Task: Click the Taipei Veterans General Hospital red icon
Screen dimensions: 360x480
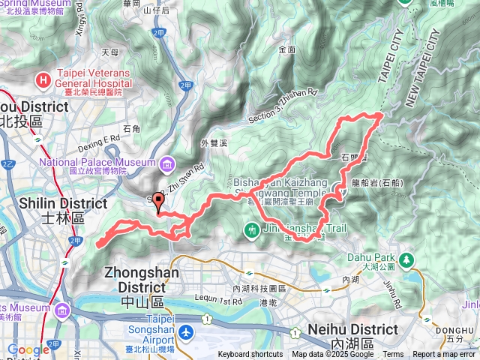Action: (45, 78)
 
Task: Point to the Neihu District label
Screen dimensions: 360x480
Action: (352, 330)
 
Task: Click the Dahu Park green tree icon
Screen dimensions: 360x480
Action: (406, 259)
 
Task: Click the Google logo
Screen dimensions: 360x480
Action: (28, 350)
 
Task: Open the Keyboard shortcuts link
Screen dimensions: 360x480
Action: (250, 355)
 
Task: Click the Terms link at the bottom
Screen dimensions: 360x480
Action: (393, 355)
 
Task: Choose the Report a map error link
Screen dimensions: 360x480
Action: (444, 355)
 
